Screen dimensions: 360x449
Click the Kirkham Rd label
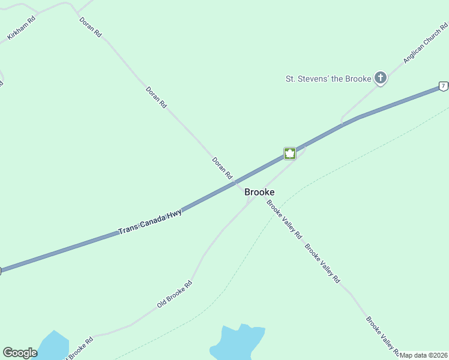pos(22,28)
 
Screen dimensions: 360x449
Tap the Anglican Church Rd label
pos(426,43)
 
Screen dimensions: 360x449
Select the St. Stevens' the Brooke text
pos(328,78)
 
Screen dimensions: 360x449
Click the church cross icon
pos(380,77)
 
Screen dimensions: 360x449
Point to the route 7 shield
pos(443,86)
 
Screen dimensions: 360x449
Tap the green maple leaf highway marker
pos(289,153)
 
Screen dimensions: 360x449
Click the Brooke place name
pos(259,192)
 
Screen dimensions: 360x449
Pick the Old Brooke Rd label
pos(174,294)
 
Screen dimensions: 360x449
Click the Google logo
pos(20,353)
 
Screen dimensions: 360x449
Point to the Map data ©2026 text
pos(423,355)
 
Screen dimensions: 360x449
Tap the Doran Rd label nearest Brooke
pos(221,168)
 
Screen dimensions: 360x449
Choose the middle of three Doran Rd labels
pos(156,97)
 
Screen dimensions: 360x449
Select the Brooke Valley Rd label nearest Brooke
pos(284,220)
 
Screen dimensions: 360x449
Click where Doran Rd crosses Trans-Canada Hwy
pos(235,182)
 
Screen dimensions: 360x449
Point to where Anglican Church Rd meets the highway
pos(343,124)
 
